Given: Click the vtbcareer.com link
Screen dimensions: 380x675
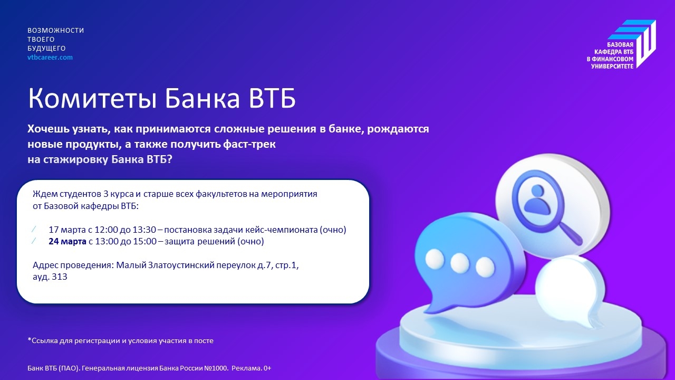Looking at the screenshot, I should pyautogui.click(x=50, y=57).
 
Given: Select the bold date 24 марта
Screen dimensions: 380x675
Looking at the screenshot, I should pyautogui.click(x=67, y=242).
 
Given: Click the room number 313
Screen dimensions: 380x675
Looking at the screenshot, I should pyautogui.click(x=59, y=277).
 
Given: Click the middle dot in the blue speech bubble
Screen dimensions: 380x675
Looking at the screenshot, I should pyautogui.click(x=459, y=261).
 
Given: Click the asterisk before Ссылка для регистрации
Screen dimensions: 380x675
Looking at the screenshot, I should pyautogui.click(x=29, y=340).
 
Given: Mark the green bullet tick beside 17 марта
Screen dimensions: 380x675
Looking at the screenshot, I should pyautogui.click(x=34, y=230).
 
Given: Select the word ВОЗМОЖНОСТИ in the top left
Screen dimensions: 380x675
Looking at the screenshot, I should pyautogui.click(x=55, y=31).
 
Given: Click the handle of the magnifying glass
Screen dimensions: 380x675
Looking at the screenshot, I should pyautogui.click(x=571, y=234).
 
